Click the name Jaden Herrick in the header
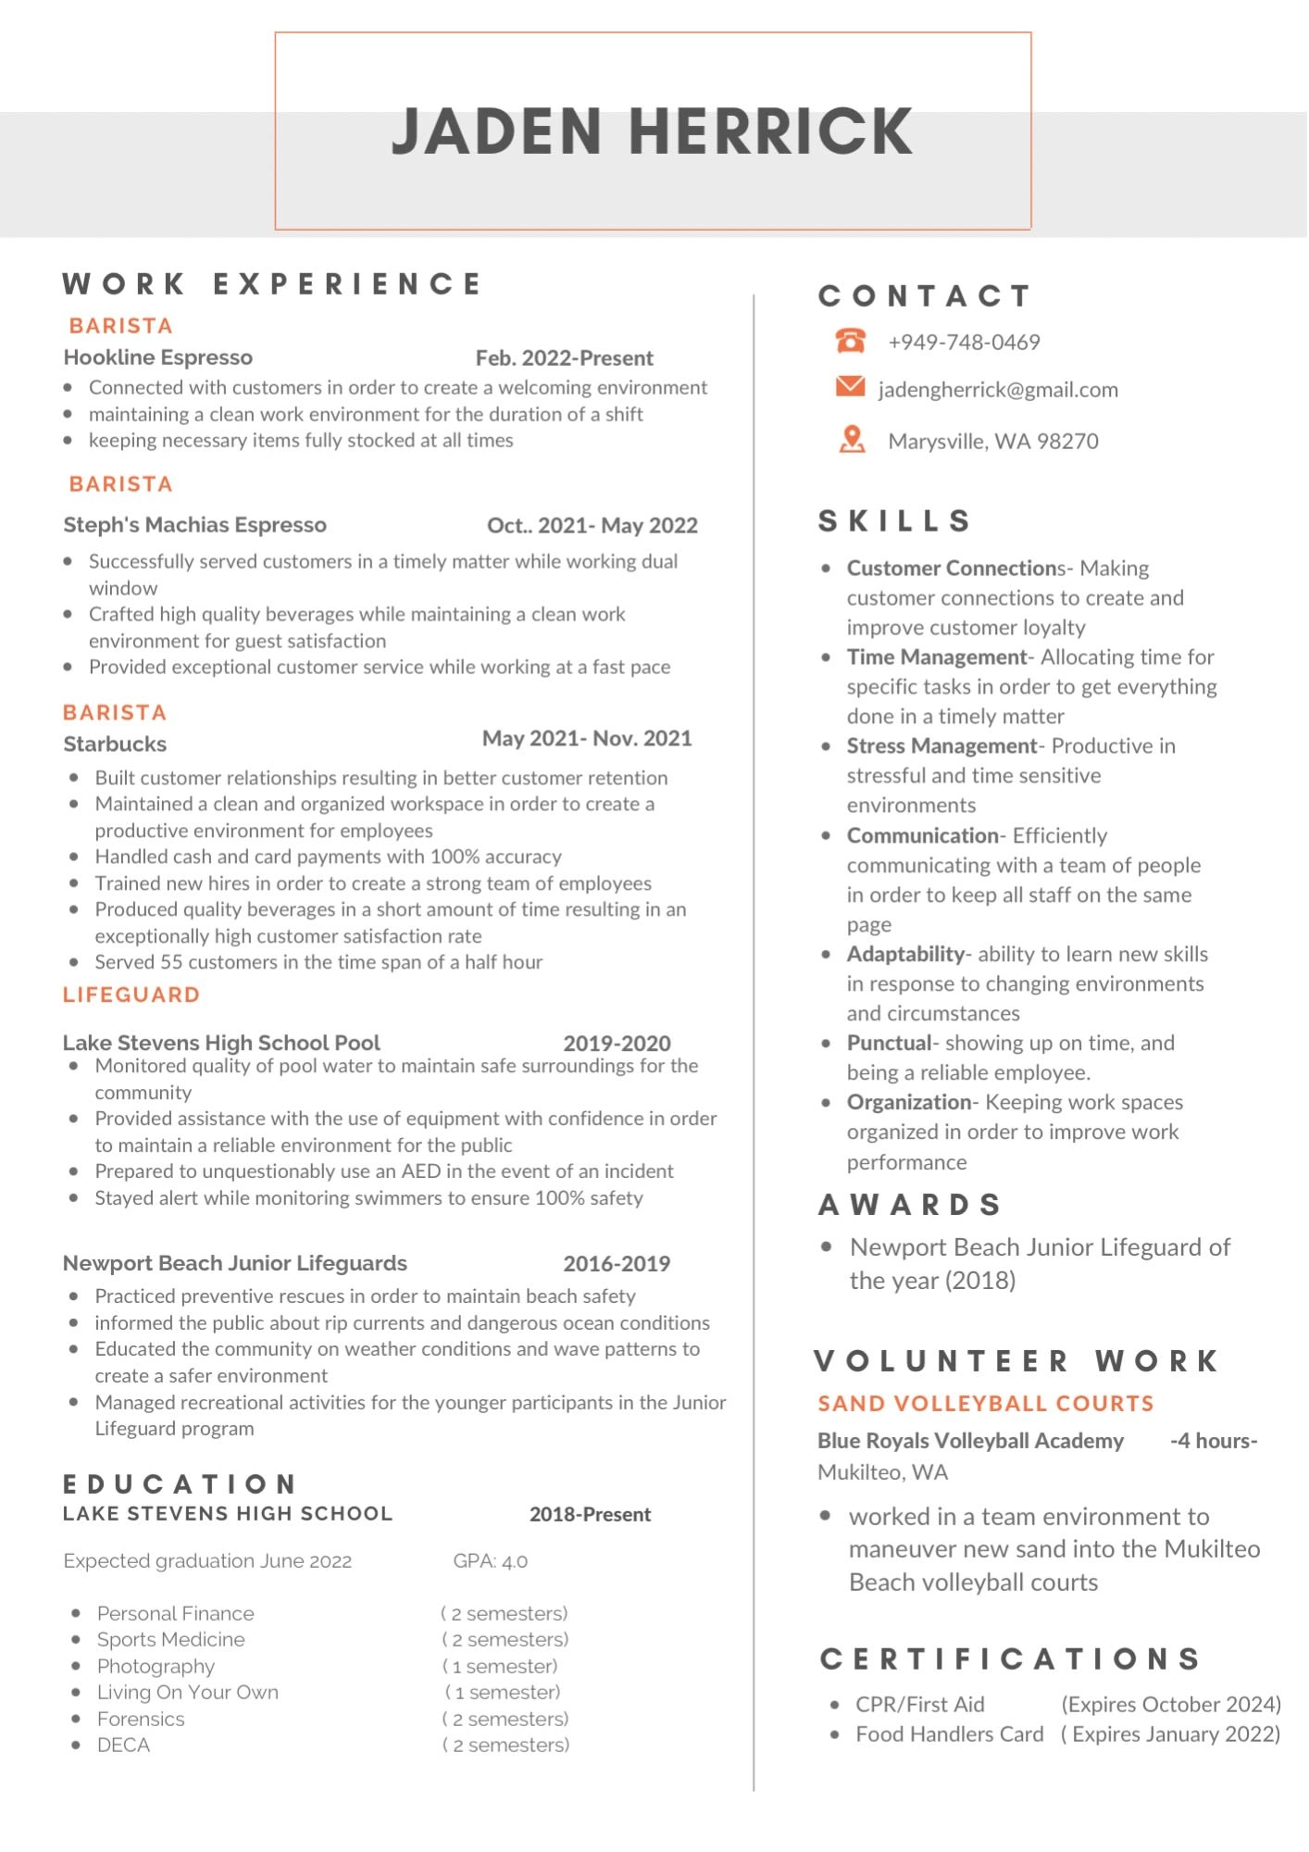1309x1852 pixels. pos(653,131)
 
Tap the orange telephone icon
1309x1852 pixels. pos(850,341)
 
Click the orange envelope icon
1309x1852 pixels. pos(850,386)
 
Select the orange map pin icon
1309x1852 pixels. pos(852,439)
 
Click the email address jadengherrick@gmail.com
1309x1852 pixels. pos(998,390)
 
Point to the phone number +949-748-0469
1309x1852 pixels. pos(964,343)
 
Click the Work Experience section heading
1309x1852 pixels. pos(272,283)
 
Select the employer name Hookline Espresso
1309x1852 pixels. pos(158,357)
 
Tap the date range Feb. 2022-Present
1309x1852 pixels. pos(564,358)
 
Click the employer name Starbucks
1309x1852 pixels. pos(115,745)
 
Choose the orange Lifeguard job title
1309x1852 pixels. pos(131,995)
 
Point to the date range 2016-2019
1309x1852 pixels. pos(617,1264)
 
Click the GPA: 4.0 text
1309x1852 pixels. pos(490,1561)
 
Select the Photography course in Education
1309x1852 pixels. pos(156,1666)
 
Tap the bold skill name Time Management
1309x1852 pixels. pos(936,657)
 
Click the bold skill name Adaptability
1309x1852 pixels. pos(905,955)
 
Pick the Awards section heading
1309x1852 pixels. pos(910,1205)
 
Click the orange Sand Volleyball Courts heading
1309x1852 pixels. pos(986,1404)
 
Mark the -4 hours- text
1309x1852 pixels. pos(1213,1441)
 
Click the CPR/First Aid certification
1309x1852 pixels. pos(919,1705)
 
